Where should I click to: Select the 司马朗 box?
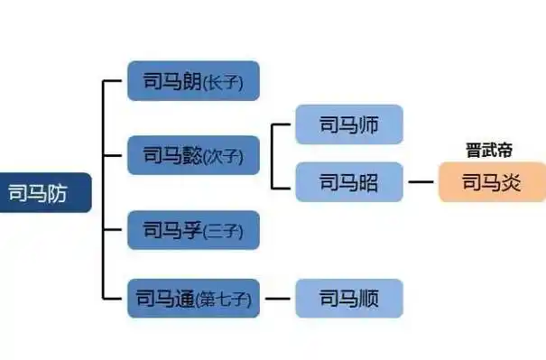pos(193,80)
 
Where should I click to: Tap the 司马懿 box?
pos(193,156)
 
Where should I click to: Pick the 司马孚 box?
pos(193,230)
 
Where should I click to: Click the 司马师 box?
pos(348,125)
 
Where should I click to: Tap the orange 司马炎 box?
pos(492,181)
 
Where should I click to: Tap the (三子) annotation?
pos(221,232)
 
